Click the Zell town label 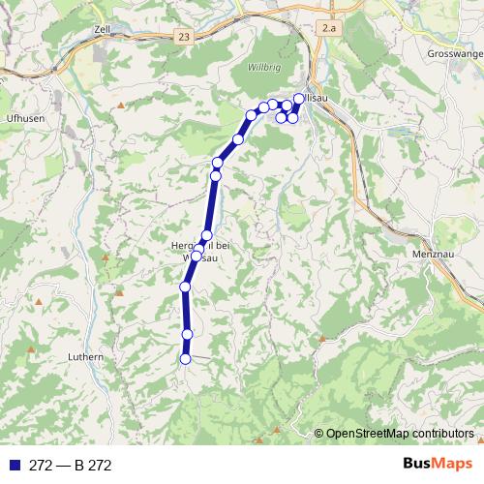pos(104,30)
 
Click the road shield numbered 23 pos(184,36)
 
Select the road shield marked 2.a pos(330,30)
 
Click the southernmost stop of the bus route pos(185,359)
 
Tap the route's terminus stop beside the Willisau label pos(299,98)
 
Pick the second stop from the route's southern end pos(187,334)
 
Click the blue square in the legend pos(9,466)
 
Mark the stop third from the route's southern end pos(185,287)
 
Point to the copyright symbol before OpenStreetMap pos(318,435)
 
